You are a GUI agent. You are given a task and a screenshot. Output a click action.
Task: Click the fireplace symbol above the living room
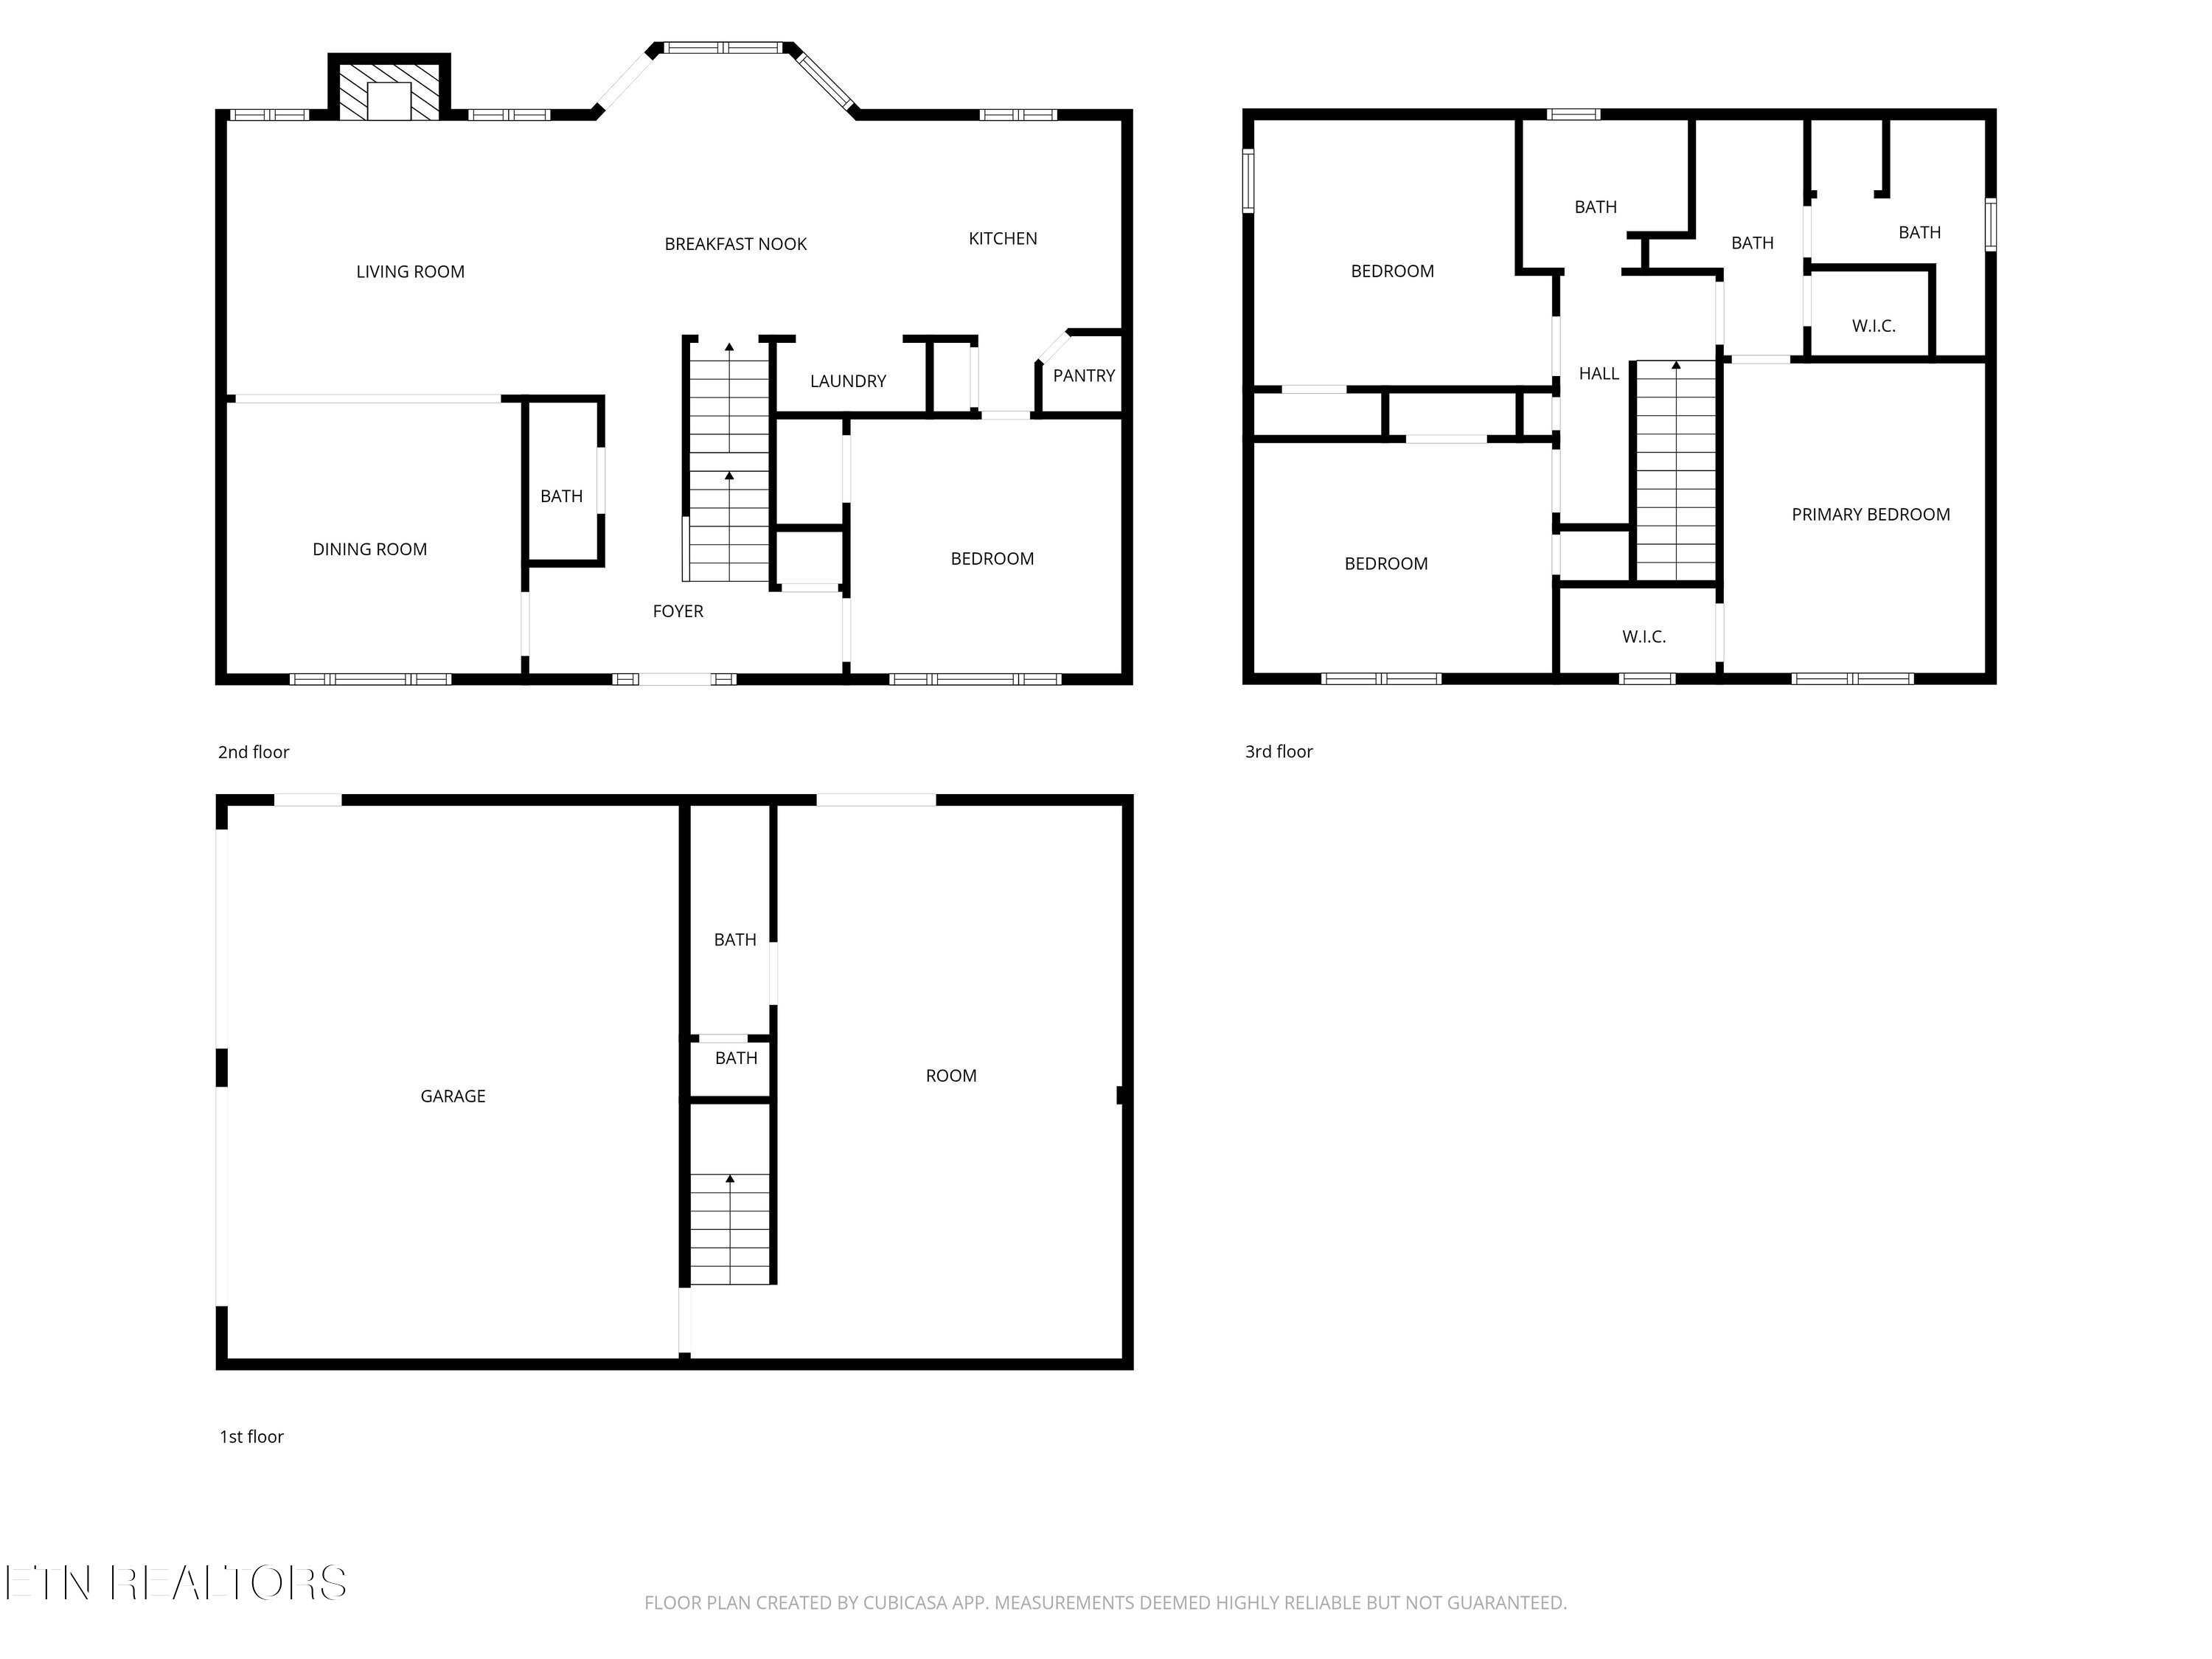[389, 91]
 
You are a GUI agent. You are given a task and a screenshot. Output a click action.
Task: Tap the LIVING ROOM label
[410, 272]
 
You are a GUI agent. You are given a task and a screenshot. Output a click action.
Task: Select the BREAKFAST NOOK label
[735, 244]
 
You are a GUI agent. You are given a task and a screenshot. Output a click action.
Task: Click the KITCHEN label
[1002, 238]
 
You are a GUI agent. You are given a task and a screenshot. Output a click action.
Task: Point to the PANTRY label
[1083, 376]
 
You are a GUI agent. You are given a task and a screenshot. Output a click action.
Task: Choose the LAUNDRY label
[847, 381]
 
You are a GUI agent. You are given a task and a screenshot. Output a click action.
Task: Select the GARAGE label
[452, 1096]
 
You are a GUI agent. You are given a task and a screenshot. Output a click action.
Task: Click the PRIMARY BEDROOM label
[1869, 515]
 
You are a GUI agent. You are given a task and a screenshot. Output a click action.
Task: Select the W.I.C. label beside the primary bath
[1872, 326]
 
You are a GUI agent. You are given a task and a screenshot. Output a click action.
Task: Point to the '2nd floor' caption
[253, 752]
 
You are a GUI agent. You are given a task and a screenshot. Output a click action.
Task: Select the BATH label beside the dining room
[561, 496]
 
